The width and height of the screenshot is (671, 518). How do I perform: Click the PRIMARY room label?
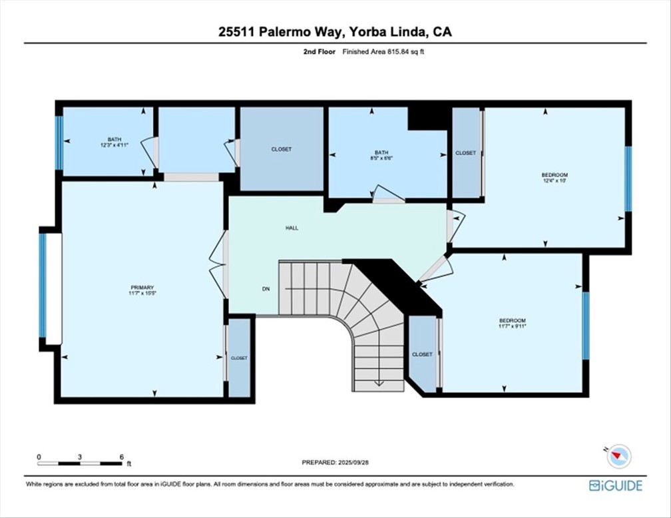pos(142,287)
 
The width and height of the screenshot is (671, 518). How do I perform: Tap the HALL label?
pos(292,228)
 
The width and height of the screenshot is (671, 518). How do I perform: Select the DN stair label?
pos(266,289)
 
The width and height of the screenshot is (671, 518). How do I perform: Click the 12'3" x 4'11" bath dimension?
pos(114,145)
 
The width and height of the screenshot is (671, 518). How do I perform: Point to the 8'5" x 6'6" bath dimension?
pos(381,158)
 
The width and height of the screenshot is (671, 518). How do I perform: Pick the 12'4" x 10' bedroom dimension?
pos(555,180)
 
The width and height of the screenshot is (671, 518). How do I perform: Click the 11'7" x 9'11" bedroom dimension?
pos(513,326)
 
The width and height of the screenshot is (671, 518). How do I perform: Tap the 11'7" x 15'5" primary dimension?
pos(142,293)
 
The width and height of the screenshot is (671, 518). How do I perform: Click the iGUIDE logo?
pos(616,485)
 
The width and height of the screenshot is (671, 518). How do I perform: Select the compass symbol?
pos(619,456)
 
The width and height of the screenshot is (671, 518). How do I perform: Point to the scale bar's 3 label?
pos(80,457)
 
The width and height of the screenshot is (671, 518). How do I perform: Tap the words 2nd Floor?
pos(320,52)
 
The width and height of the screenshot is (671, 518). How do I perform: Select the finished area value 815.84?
pos(396,52)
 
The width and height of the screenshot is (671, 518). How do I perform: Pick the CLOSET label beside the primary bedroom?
pos(239,358)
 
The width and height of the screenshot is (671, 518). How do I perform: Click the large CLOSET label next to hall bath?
pos(282,149)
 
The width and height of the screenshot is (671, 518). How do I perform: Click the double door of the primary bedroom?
pos(218,264)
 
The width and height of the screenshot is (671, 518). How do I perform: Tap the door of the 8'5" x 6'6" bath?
pos(388,194)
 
